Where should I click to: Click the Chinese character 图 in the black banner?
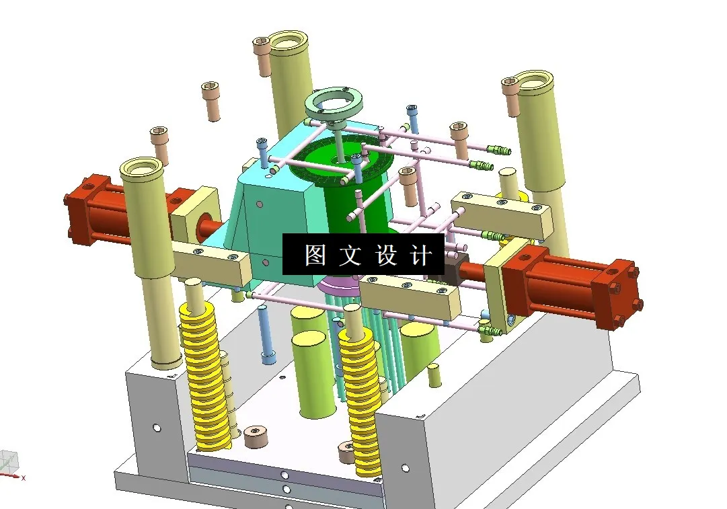tap(315, 256)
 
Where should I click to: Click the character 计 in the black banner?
tap(420, 256)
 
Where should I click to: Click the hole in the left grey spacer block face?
tap(157, 428)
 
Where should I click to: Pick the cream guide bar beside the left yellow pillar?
tap(208, 262)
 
